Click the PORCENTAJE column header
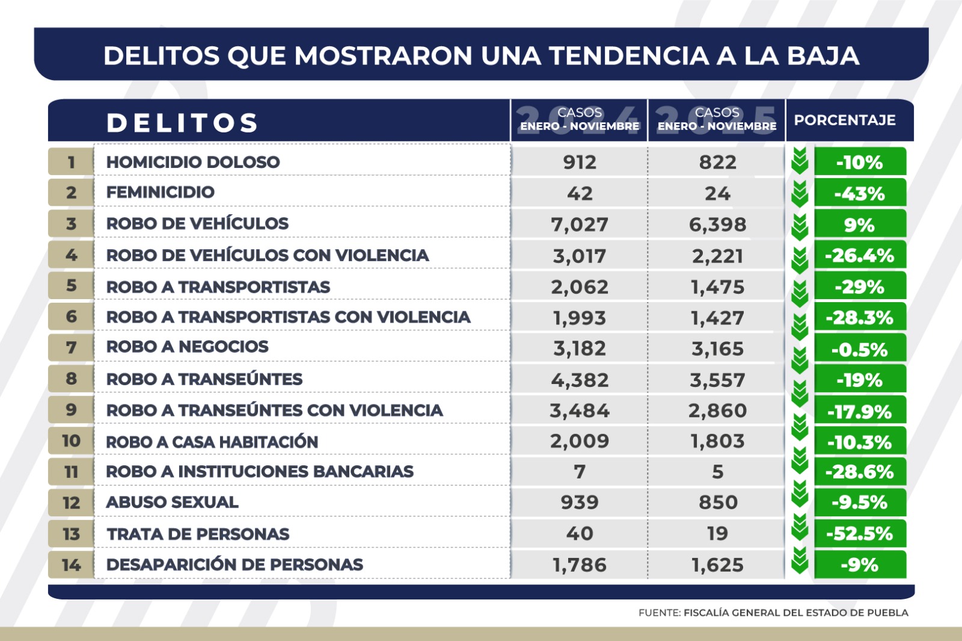pyautogui.click(x=844, y=120)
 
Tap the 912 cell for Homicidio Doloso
pyautogui.click(x=580, y=162)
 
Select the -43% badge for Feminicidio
pyautogui.click(x=859, y=194)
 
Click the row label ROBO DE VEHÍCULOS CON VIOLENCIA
pyautogui.click(x=268, y=255)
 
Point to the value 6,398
pyautogui.click(x=717, y=225)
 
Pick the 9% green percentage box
pyautogui.click(x=859, y=225)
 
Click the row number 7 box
pyautogui.click(x=71, y=347)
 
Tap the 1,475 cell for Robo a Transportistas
pyautogui.click(x=717, y=287)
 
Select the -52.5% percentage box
pyautogui.click(x=859, y=533)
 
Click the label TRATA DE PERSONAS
pyautogui.click(x=198, y=534)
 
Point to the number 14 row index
pyautogui.click(x=71, y=565)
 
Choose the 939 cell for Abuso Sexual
pyautogui.click(x=580, y=502)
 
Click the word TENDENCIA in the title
pyautogui.click(x=628, y=56)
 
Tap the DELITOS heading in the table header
pyautogui.click(x=182, y=123)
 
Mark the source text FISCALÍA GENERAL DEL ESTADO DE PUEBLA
pyautogui.click(x=795, y=613)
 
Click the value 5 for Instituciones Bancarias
pyautogui.click(x=717, y=471)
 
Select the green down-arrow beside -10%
pyautogui.click(x=800, y=160)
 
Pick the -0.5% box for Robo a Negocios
pyautogui.click(x=859, y=349)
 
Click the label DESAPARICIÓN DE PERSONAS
pyautogui.click(x=234, y=565)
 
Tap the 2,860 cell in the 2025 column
pyautogui.click(x=717, y=410)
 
